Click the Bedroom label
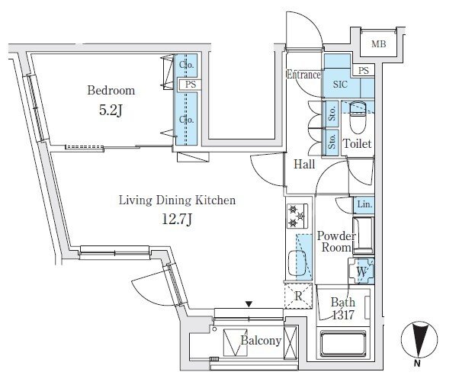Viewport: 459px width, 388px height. [x=111, y=91]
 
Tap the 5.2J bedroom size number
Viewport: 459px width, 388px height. [x=111, y=110]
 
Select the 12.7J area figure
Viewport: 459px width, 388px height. [x=177, y=219]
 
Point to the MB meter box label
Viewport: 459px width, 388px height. [x=379, y=44]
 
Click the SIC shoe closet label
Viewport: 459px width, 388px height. [x=340, y=85]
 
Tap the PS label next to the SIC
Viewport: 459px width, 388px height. [x=363, y=71]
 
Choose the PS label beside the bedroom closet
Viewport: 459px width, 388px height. [x=191, y=85]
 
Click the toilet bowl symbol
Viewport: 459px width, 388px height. [x=358, y=117]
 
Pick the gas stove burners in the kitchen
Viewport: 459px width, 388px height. [x=297, y=216]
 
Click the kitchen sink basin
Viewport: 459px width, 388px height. [x=297, y=263]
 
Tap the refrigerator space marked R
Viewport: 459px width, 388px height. [x=298, y=296]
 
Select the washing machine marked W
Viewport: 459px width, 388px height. [x=361, y=271]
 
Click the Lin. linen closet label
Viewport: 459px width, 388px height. [x=364, y=204]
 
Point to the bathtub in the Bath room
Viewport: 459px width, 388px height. [x=343, y=344]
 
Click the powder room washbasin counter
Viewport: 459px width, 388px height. [x=363, y=236]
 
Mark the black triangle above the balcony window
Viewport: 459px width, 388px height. [x=249, y=304]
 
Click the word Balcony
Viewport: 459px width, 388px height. [x=261, y=340]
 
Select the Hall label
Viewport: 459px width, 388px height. [x=304, y=164]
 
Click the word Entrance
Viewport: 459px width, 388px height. [x=303, y=75]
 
